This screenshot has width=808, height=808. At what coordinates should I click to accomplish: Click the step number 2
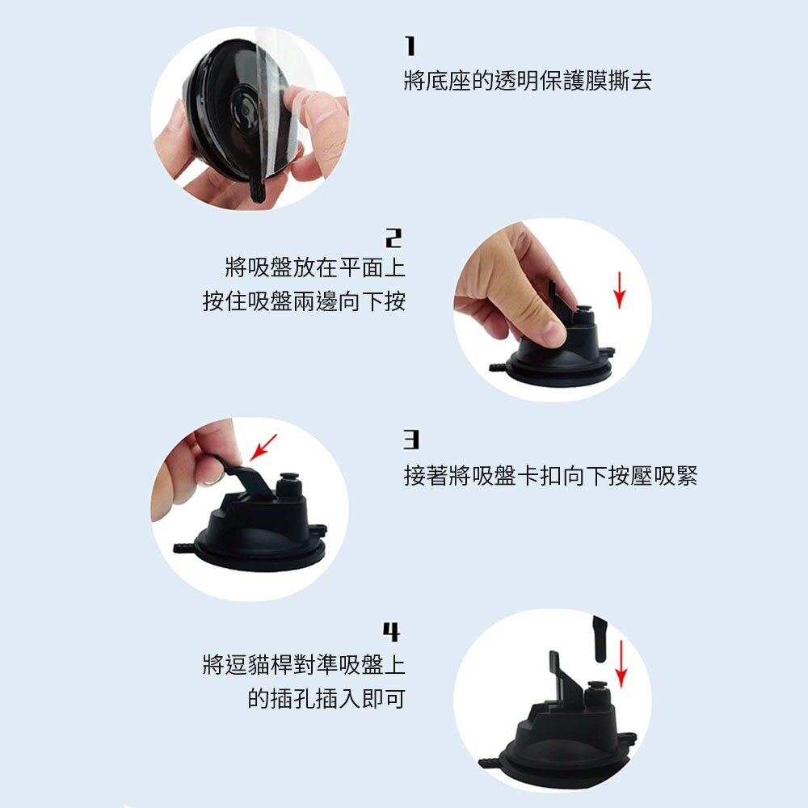[x=393, y=238]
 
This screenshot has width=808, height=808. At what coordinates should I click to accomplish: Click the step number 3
[x=412, y=440]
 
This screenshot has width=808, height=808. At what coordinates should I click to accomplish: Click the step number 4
[x=391, y=631]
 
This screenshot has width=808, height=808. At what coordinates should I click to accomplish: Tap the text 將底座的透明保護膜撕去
[x=527, y=81]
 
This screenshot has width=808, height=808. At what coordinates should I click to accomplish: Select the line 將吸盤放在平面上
[x=314, y=267]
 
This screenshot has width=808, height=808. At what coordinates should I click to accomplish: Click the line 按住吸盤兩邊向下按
[x=304, y=302]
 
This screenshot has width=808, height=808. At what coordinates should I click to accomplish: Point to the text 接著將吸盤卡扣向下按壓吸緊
[x=550, y=476]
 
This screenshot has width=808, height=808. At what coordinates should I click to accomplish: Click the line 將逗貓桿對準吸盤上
[x=304, y=666]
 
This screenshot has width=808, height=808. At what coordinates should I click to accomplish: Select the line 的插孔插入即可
[x=326, y=699]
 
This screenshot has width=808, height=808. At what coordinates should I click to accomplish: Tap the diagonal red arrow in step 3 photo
[x=263, y=447]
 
